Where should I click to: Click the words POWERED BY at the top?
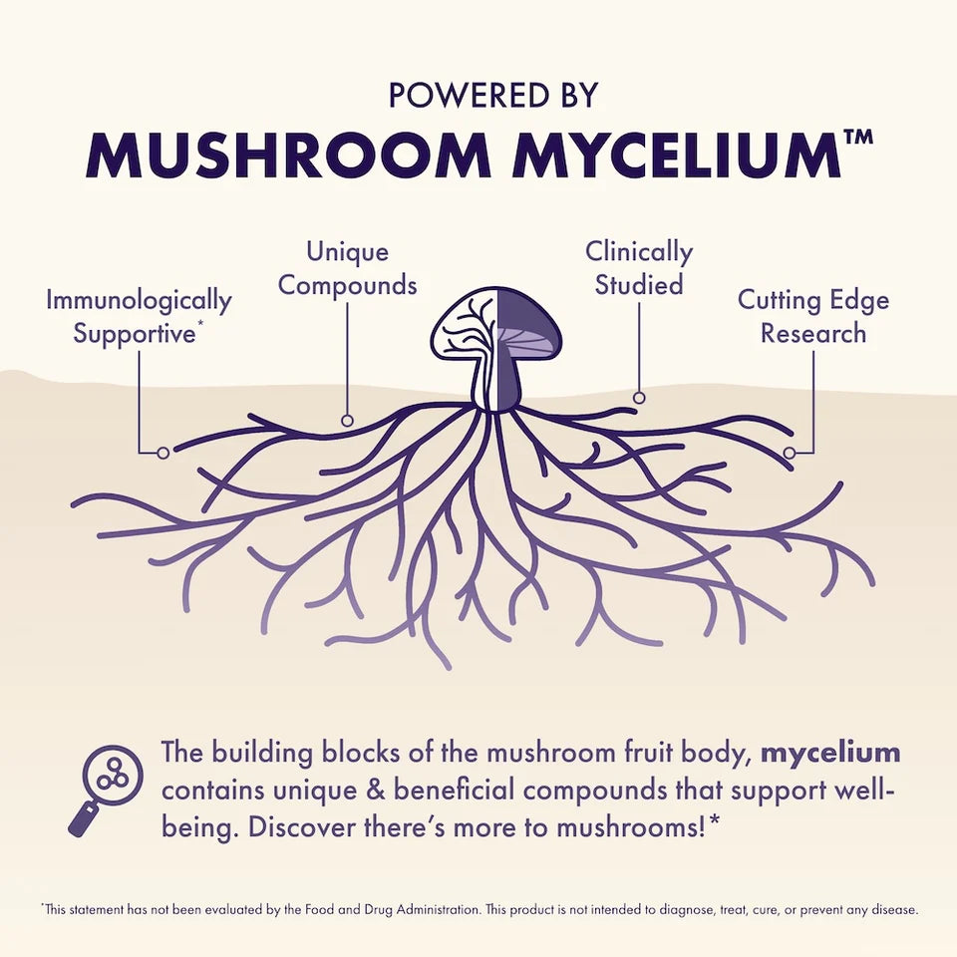click(x=493, y=95)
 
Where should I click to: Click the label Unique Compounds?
click(x=347, y=268)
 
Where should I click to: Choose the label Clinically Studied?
click(x=639, y=268)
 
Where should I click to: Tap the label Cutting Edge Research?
click(x=812, y=316)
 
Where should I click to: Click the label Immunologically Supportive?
click(x=139, y=316)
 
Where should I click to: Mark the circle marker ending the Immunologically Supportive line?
click(x=163, y=453)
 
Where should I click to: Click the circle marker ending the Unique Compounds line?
click(x=347, y=421)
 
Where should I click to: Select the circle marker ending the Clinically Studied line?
click(x=639, y=398)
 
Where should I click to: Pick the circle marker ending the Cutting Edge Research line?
click(x=789, y=453)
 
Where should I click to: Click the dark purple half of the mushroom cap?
click(x=528, y=324)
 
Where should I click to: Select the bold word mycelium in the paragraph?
click(x=830, y=753)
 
